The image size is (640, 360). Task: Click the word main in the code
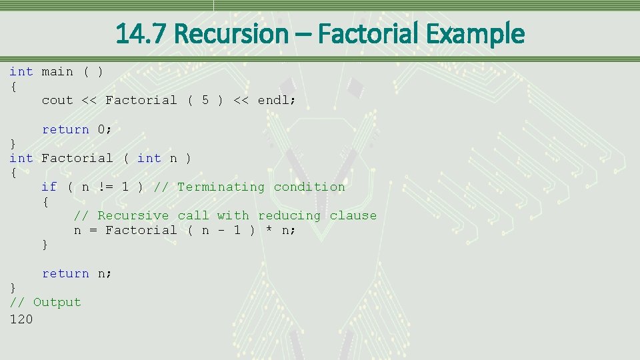tap(57, 71)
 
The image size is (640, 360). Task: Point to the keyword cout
tap(57, 100)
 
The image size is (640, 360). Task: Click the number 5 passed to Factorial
tap(205, 100)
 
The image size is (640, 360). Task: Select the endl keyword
tap(276, 100)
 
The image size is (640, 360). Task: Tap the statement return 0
tap(77, 129)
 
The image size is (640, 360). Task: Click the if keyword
tap(49, 187)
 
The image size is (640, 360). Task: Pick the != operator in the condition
tap(105, 187)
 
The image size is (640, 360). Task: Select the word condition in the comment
tap(309, 187)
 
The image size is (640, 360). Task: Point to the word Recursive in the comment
tap(133, 215)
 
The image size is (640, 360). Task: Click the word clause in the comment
tap(353, 215)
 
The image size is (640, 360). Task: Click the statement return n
tap(77, 273)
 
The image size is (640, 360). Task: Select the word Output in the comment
tap(57, 302)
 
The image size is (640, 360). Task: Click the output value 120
tap(21, 319)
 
